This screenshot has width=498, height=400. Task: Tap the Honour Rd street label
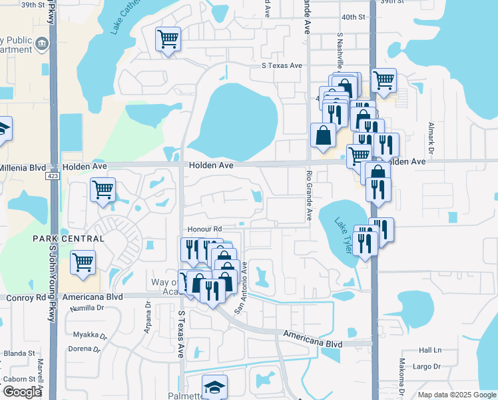tap(203, 229)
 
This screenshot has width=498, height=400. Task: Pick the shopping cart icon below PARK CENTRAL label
tap(83, 262)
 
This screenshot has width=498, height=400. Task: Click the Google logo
tap(21, 392)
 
